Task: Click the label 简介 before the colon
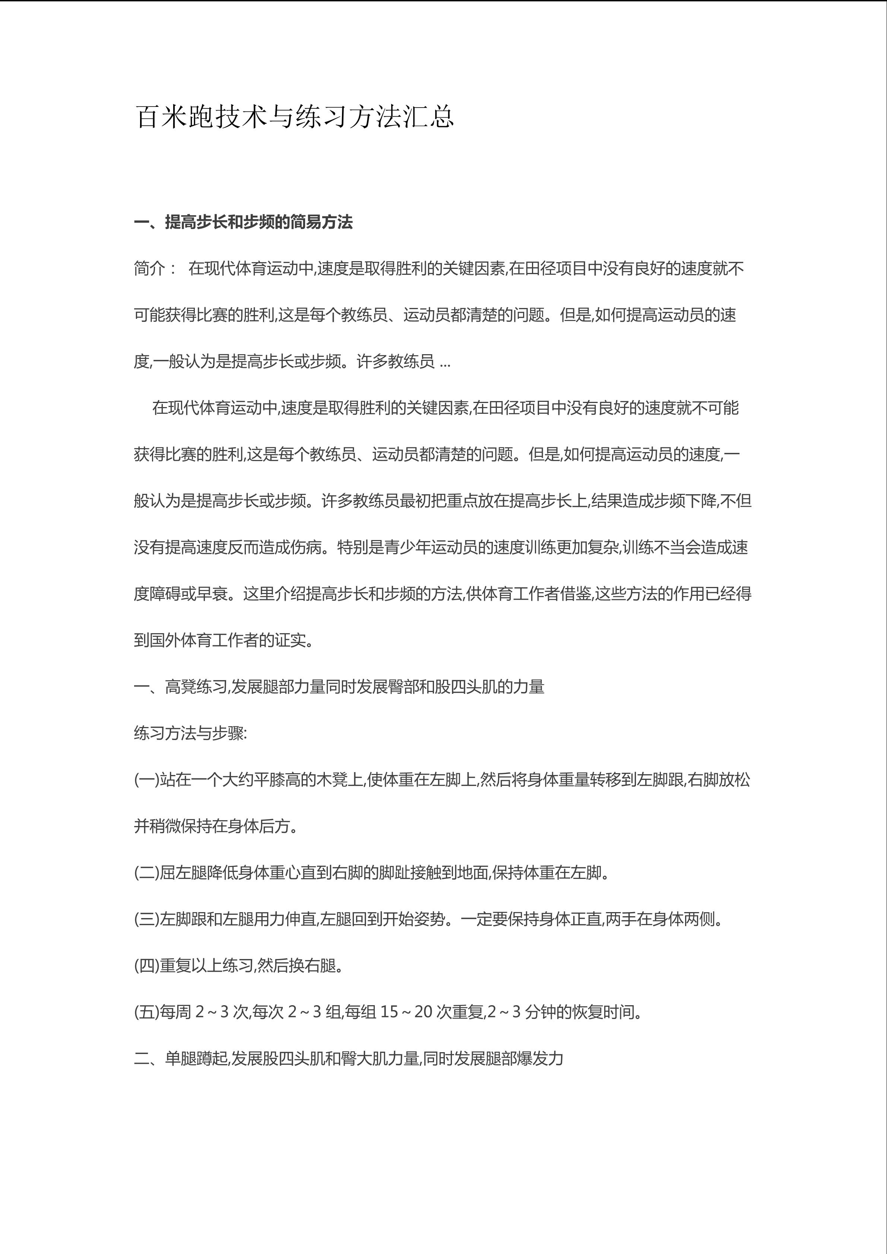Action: point(149,269)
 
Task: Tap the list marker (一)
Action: point(146,780)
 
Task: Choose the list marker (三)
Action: point(146,919)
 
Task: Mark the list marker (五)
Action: point(146,1012)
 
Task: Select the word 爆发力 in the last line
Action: point(540,1058)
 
